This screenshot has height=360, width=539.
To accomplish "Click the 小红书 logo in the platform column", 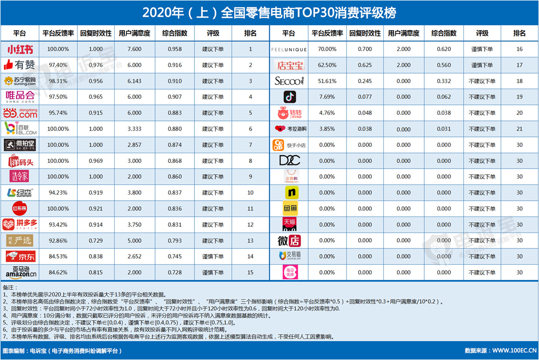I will (x=20, y=50).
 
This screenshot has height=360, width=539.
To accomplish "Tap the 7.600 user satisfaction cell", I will (x=134, y=50).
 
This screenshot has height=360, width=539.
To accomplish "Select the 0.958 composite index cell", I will (x=175, y=50).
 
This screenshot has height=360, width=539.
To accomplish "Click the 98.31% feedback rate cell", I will (x=58, y=81).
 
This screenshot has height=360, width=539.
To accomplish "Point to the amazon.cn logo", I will (x=20, y=272).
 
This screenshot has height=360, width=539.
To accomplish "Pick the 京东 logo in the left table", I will (x=20, y=257).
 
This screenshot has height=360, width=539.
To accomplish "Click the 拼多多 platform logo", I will (x=20, y=225).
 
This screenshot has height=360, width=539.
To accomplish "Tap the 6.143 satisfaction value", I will (x=134, y=81).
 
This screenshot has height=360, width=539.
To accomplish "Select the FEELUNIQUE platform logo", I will (x=289, y=50).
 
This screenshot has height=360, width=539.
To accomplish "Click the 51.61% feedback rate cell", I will (x=327, y=81).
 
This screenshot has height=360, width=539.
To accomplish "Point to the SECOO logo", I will (x=289, y=81).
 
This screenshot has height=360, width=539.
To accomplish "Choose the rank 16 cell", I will (x=520, y=50).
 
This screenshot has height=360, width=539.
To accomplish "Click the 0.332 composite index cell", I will (x=444, y=81).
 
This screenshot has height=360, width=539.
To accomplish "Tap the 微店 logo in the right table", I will (x=289, y=241).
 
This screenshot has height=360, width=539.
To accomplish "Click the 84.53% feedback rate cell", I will (x=58, y=257).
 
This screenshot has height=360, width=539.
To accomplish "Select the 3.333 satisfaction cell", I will (x=134, y=129).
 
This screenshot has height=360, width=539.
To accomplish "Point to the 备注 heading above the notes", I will (x=10, y=287).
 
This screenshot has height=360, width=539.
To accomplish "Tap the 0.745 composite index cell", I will (x=175, y=257).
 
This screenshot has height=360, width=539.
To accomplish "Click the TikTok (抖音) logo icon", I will (x=289, y=97).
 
